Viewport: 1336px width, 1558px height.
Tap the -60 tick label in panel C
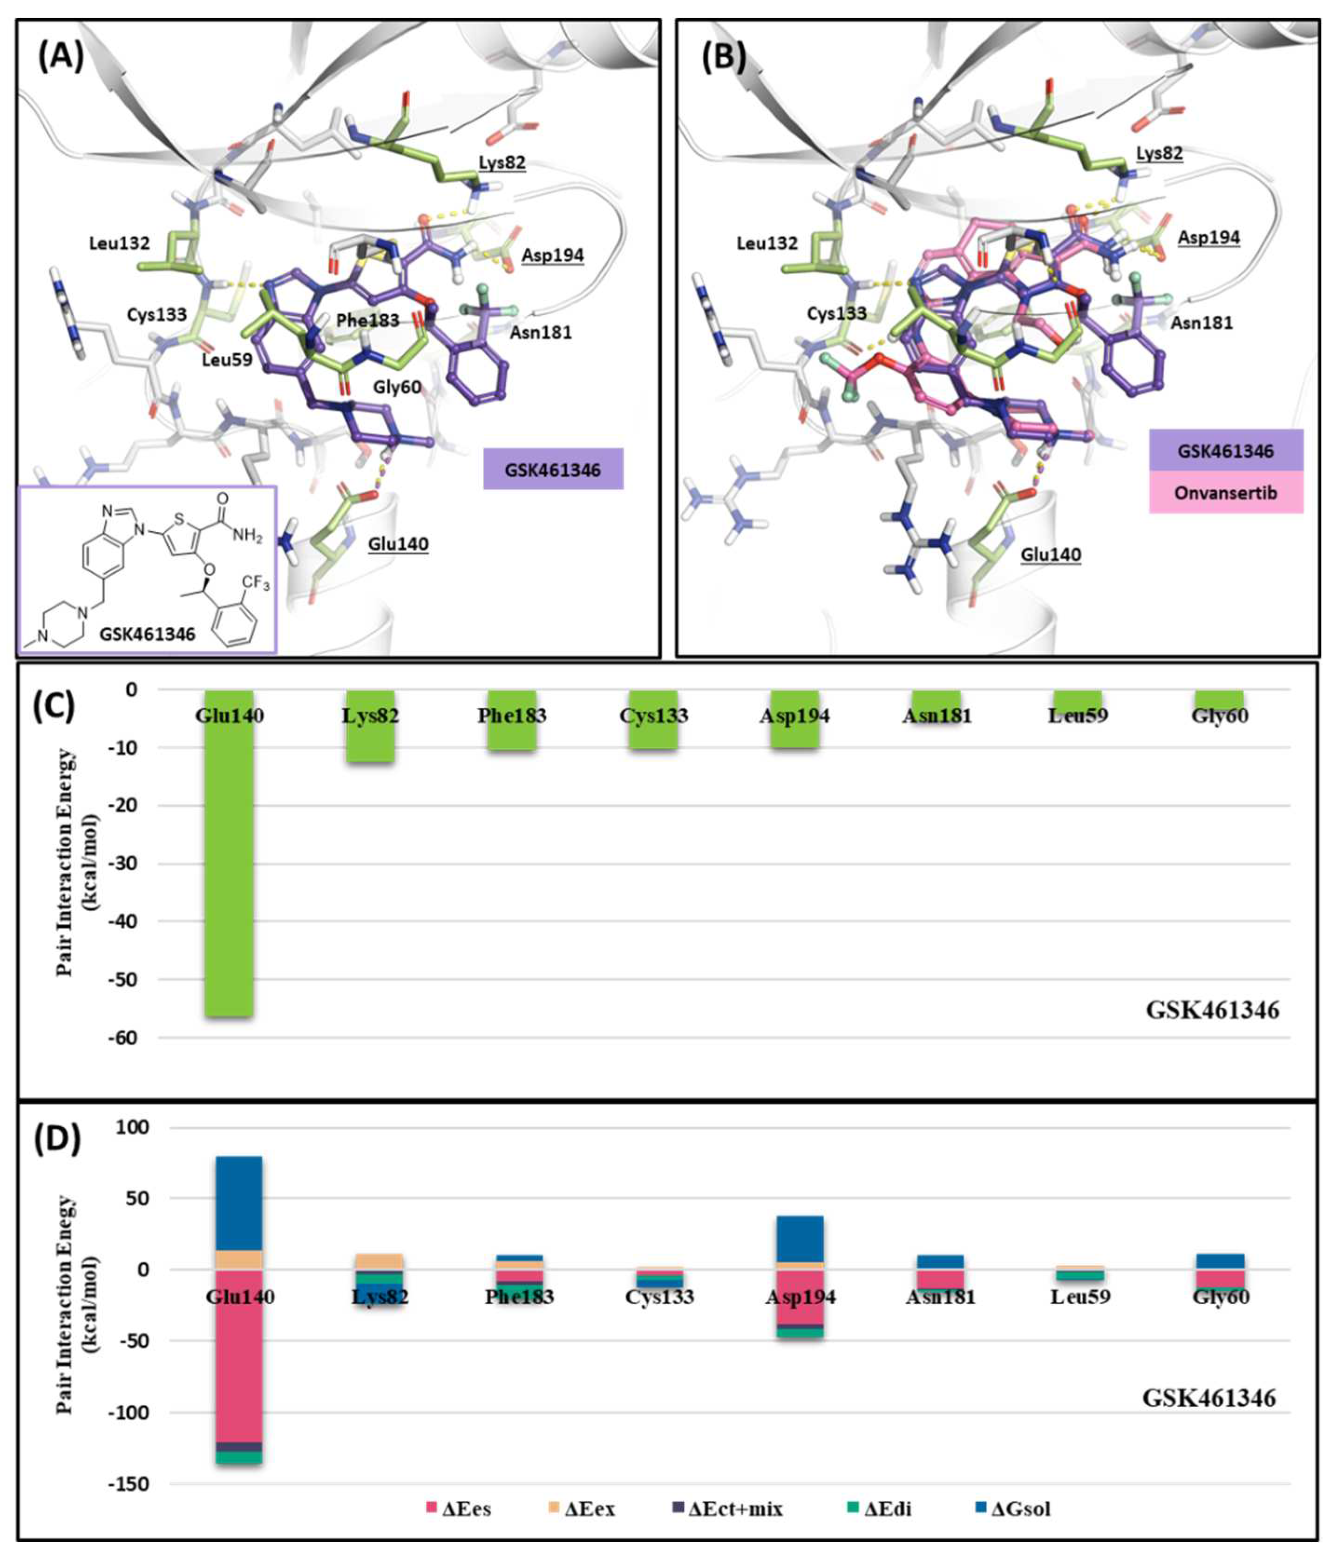pyautogui.click(x=120, y=1038)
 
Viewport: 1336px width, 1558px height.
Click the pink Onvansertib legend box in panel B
pyautogui.click(x=1226, y=493)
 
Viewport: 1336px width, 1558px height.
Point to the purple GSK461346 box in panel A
pyautogui.click(x=553, y=469)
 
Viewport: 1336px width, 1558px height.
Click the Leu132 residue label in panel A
pyautogui.click(x=119, y=243)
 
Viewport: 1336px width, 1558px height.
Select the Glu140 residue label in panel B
pyautogui.click(x=1050, y=554)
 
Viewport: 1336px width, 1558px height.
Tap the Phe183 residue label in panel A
pyautogui.click(x=367, y=320)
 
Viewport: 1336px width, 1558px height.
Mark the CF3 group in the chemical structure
pyautogui.click(x=254, y=583)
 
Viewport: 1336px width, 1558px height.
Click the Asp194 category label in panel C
pyautogui.click(x=794, y=715)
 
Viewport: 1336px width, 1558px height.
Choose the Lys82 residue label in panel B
pyautogui.click(x=1159, y=153)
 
